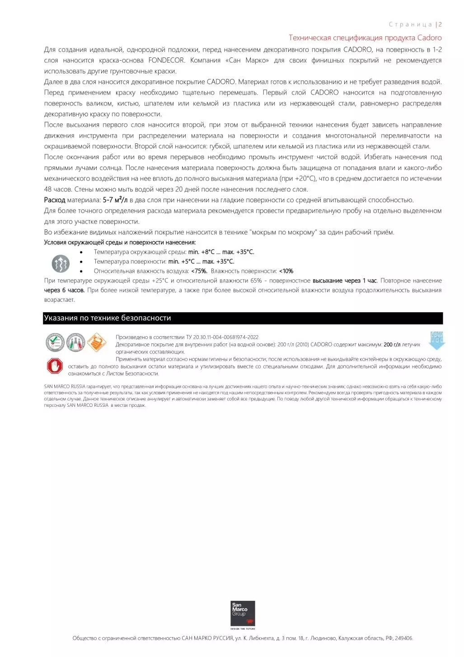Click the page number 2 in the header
[440, 24]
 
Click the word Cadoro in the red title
[429, 38]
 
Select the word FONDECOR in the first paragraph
[166, 60]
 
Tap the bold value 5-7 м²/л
[115, 200]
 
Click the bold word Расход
[55, 200]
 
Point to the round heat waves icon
[61, 263]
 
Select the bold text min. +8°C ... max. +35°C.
[221, 252]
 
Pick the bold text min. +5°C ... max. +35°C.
[201, 262]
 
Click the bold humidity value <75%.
[199, 271]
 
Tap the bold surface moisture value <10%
[286, 271]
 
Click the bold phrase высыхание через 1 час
[345, 281]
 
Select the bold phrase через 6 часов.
[64, 290]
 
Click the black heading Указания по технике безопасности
[108, 318]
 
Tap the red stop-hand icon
[55, 366]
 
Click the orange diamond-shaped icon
[96, 342]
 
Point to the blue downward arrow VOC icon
[437, 340]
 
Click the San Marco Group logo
[243, 614]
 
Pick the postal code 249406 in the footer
[403, 638]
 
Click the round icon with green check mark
[55, 342]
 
